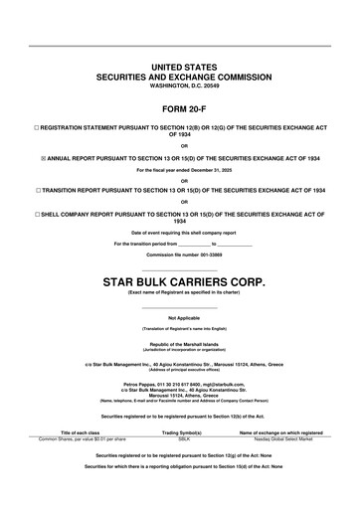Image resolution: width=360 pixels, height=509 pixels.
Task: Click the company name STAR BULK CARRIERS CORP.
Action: [x=179, y=282]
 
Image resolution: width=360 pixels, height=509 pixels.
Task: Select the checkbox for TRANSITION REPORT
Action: [x=37, y=188]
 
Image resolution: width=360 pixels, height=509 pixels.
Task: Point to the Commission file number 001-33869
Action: [x=179, y=254]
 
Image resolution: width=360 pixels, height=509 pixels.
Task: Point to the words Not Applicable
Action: [x=179, y=317]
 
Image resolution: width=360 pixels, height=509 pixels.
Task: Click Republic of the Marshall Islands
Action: [x=179, y=343]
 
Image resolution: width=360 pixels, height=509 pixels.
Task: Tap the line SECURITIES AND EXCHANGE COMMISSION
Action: [x=179, y=76]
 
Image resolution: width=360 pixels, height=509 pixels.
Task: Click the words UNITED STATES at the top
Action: [x=179, y=65]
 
